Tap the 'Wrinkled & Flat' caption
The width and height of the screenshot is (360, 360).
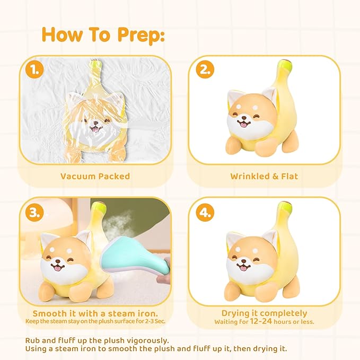[264, 177]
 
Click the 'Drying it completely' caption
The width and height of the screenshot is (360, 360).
[264, 313]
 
